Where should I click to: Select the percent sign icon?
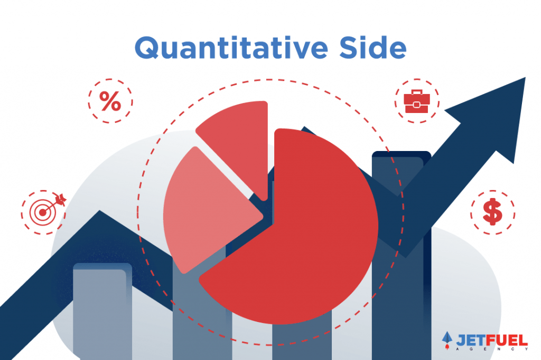tap(110, 101)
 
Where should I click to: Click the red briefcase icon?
tap(417, 101)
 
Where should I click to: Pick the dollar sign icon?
tap(492, 212)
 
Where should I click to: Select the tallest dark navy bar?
tap(402, 255)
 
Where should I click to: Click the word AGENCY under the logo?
tap(492, 349)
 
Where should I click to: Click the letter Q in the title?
tap(147, 48)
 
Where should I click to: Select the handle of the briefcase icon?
tap(417, 92)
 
